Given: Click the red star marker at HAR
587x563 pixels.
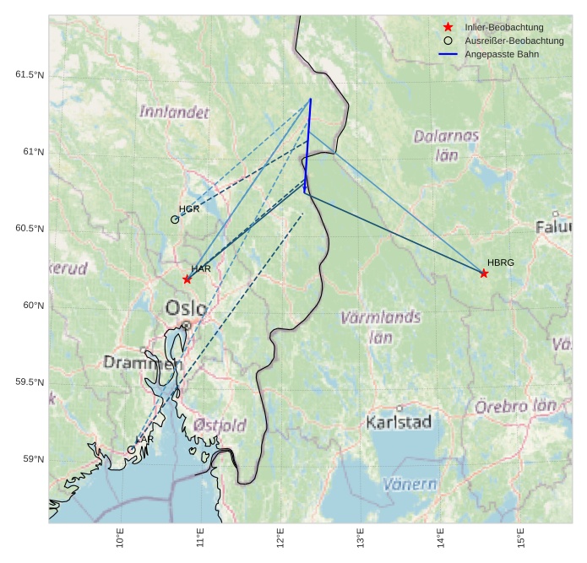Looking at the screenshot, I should [x=187, y=279].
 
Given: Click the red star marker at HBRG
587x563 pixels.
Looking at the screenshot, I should [x=484, y=273].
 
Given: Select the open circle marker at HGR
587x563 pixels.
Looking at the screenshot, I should [x=175, y=219].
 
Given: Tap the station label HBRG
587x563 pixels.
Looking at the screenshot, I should [x=501, y=263].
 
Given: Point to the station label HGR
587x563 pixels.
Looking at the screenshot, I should [x=189, y=208].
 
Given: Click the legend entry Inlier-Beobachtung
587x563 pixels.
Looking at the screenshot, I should [x=503, y=27].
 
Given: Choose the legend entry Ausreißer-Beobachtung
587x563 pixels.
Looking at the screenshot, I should [x=514, y=41].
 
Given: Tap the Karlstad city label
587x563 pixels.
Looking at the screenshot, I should [x=399, y=421].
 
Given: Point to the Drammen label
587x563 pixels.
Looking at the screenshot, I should [x=143, y=363].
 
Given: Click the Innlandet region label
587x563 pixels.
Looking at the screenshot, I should [x=175, y=111].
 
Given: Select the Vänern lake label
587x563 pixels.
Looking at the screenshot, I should [x=410, y=485].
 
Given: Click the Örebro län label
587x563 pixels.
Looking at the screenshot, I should [x=515, y=406].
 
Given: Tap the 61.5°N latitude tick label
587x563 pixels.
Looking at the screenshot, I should [x=29, y=75].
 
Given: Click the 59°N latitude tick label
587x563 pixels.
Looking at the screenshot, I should [x=32, y=459].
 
